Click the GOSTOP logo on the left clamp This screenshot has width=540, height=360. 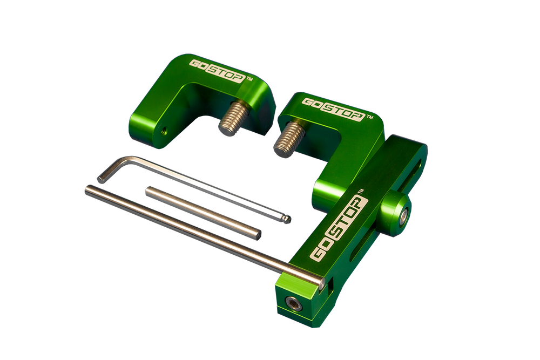coord(218,71)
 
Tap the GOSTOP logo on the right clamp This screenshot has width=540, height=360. coord(333,109)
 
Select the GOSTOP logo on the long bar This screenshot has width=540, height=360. coord(339,227)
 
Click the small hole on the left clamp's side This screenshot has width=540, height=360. coord(164,131)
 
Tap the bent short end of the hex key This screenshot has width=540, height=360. coord(112,168)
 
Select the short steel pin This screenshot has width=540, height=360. coord(203,213)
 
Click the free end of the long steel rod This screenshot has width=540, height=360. coord(87,189)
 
